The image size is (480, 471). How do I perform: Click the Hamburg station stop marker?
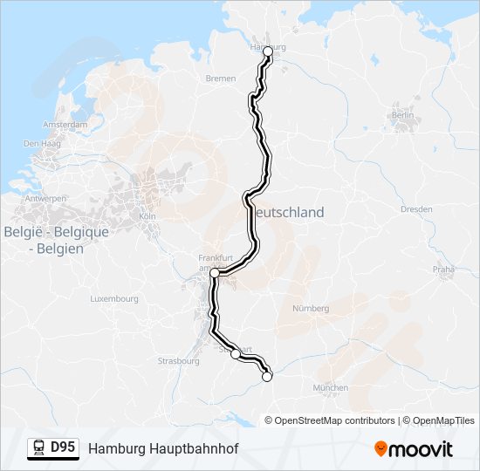(x=268, y=51)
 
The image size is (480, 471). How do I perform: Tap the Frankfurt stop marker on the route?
(x=214, y=273)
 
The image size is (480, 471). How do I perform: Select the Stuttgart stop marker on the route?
(x=236, y=354)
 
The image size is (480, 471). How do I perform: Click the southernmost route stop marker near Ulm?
(x=267, y=377)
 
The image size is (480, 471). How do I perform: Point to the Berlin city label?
(x=402, y=115)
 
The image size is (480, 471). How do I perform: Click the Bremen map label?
(x=221, y=78)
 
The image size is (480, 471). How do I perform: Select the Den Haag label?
(x=40, y=144)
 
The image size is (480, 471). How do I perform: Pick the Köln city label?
(x=147, y=215)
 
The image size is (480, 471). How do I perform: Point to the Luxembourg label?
(x=114, y=298)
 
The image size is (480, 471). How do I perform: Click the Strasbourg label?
(x=179, y=360)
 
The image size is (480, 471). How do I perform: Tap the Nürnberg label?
(x=312, y=308)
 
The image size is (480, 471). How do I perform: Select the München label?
(x=330, y=387)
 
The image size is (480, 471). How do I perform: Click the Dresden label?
(x=416, y=209)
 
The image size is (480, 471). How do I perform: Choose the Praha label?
(x=443, y=270)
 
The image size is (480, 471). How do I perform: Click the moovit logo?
(x=414, y=449)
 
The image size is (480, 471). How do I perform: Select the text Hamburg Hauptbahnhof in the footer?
(x=162, y=448)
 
